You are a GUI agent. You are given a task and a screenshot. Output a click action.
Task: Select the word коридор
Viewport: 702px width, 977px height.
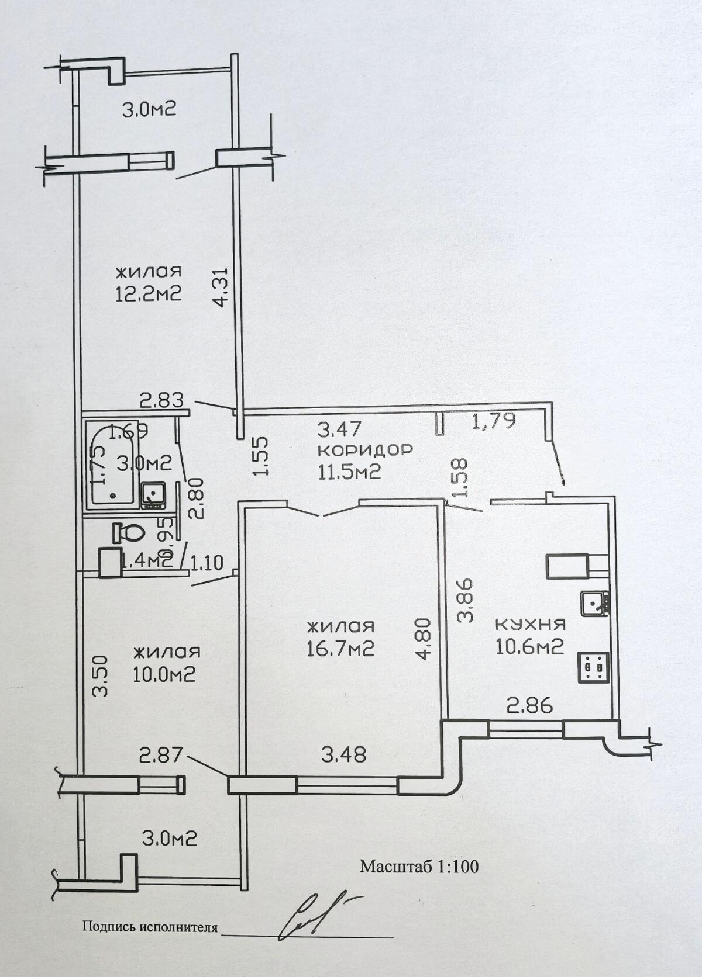[365, 450]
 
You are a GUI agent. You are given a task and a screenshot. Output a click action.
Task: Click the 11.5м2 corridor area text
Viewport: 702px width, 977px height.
[349, 471]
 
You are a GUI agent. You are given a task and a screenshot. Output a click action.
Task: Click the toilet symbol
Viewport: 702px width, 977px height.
[129, 532]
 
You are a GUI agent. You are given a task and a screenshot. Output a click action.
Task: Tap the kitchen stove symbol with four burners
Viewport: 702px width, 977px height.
[594, 666]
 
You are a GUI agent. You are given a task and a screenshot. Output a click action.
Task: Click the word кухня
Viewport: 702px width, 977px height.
[531, 624]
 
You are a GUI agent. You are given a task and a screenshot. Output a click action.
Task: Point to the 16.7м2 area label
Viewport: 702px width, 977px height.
[340, 648]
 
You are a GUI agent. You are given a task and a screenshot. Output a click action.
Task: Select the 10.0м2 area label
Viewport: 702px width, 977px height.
[164, 674]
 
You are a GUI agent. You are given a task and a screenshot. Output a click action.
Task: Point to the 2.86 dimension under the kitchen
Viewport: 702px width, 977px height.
[529, 706]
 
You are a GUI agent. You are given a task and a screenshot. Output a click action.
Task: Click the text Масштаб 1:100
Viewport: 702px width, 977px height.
[419, 866]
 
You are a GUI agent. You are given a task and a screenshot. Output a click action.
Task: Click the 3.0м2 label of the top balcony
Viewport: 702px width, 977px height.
[149, 109]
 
